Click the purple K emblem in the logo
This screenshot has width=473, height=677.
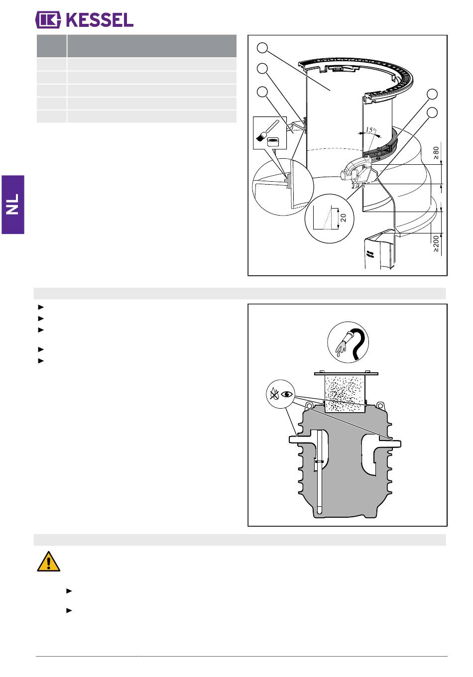(x=48, y=20)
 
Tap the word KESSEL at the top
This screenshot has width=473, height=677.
(x=100, y=20)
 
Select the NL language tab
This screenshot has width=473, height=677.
(x=13, y=205)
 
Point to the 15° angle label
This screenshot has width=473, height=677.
(x=371, y=130)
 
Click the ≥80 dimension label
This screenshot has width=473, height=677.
(x=436, y=153)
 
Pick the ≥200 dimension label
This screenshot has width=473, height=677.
(x=436, y=243)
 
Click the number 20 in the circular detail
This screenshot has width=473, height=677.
(x=343, y=218)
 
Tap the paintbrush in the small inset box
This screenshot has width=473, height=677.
(x=267, y=130)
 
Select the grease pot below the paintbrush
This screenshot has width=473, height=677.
(x=273, y=142)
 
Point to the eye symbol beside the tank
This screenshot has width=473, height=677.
(x=287, y=394)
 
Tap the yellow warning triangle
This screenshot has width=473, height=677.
(x=48, y=562)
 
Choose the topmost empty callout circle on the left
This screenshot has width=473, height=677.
(x=262, y=48)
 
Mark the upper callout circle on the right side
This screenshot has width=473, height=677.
(x=432, y=94)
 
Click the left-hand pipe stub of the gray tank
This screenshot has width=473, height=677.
(x=300, y=440)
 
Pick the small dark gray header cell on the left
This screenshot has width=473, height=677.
(x=51, y=46)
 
